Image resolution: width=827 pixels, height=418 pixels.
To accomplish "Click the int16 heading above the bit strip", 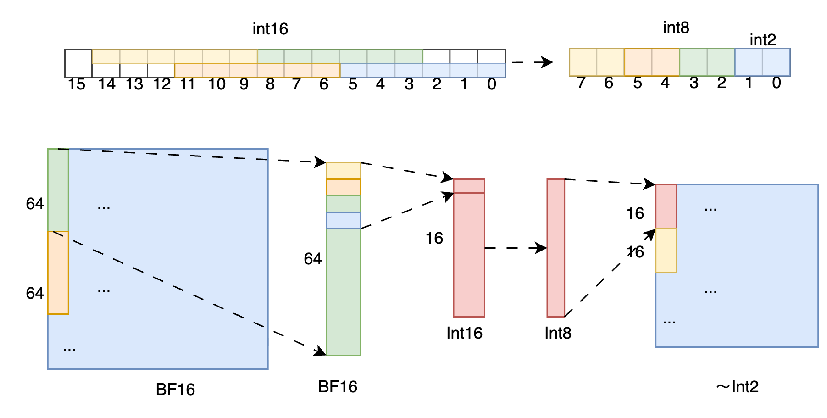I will pos(270,29).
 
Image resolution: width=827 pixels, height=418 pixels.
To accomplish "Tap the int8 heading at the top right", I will pos(676,28).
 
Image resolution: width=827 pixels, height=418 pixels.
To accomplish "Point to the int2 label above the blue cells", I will pos(762,40).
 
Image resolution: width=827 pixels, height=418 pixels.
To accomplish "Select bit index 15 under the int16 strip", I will pos(77,84).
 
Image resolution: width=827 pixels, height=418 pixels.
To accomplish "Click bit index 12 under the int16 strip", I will pos(162,84).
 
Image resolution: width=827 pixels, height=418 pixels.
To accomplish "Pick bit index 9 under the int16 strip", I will pos(244,84).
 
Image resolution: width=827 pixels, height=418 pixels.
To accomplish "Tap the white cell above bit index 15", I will pos(78,63).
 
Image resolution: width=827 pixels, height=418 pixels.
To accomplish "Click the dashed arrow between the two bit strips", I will pos(532,62).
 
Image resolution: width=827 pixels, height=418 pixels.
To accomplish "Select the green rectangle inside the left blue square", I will pos(58,190).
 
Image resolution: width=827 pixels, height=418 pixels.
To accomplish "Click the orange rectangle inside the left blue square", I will pos(58,273).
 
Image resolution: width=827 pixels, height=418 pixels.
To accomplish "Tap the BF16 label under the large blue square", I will pos(175,390).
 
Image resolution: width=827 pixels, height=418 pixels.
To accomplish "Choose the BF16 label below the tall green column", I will pos(338,387).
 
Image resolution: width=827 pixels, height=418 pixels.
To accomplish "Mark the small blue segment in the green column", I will pos(344,220).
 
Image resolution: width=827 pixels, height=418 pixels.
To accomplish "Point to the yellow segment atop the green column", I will pos(344,171).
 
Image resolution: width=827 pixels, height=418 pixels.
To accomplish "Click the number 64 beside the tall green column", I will pos(313,259).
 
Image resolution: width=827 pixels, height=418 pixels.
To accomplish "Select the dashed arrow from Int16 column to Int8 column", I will pos(515,248).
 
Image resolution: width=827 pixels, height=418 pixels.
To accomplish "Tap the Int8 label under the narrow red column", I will pos(558,333).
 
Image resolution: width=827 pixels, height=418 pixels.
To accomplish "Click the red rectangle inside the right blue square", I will pos(666,206).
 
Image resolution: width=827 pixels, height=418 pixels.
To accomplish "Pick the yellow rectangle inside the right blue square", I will pos(666,251).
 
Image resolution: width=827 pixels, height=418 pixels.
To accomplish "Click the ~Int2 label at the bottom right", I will pos(737,387).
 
